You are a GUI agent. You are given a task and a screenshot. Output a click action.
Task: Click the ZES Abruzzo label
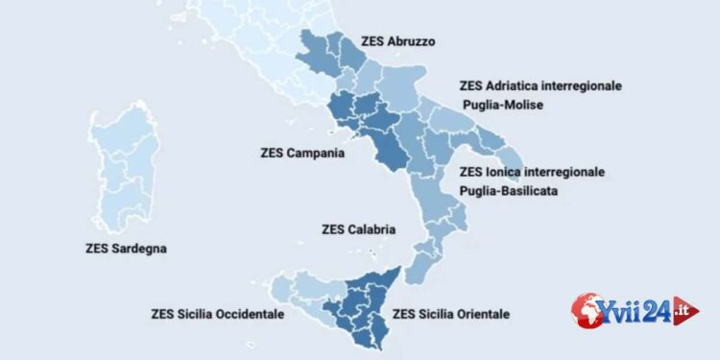[398, 43]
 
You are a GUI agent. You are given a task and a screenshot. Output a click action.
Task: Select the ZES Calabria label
[359, 229]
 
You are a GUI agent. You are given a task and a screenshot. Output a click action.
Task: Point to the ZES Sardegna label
[126, 249]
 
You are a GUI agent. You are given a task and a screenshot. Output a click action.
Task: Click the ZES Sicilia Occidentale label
[217, 314]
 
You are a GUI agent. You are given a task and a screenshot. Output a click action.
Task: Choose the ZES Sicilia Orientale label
[451, 314]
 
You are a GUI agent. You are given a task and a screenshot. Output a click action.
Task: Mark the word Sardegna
[139, 249]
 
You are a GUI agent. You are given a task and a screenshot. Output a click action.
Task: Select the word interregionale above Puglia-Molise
[587, 86]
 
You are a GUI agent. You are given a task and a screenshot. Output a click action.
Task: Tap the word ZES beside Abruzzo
[372, 43]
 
